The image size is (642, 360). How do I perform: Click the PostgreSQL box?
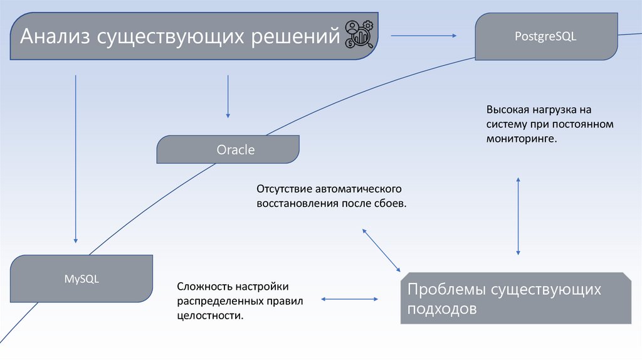tap(545, 36)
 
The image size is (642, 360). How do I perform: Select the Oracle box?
tap(228, 150)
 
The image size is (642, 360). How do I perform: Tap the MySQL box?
tap(82, 279)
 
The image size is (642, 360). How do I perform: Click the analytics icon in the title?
tap(360, 35)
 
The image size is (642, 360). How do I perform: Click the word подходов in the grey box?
tap(442, 309)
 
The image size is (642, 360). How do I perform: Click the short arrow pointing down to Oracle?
tap(228, 96)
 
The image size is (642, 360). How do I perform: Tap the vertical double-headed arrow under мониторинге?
tap(518, 216)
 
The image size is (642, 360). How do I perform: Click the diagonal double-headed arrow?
tap(381, 250)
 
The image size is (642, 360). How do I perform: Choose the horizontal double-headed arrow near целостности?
tap(350, 300)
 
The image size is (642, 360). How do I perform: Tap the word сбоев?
tap(391, 204)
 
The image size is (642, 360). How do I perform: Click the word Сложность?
tap(205, 287)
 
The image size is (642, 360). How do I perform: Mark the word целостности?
tap(209, 316)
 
